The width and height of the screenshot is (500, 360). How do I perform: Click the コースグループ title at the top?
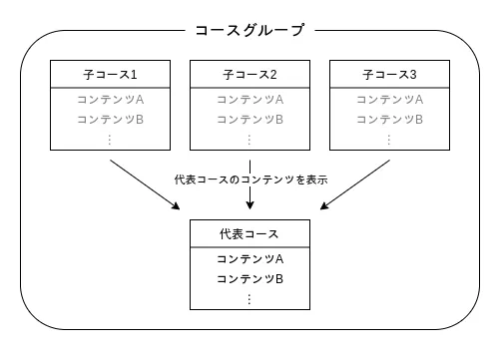pyautogui.click(x=250, y=31)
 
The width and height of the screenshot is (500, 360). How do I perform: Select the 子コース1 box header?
pyautogui.click(x=110, y=76)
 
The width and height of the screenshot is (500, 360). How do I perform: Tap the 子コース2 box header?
pyautogui.click(x=250, y=76)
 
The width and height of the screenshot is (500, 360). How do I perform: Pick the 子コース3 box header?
pyautogui.click(x=389, y=76)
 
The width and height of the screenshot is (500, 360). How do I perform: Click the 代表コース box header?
pyautogui.click(x=250, y=234)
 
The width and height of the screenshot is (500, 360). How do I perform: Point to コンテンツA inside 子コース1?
pyautogui.click(x=110, y=100)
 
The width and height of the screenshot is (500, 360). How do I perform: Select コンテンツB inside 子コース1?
pyautogui.click(x=110, y=120)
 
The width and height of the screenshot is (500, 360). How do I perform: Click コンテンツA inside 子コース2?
pyautogui.click(x=250, y=100)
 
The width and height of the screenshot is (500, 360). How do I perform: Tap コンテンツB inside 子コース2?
pyautogui.click(x=250, y=120)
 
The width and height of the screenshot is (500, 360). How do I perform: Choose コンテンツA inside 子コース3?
pyautogui.click(x=389, y=100)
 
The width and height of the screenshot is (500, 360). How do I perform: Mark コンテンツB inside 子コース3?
pyautogui.click(x=389, y=120)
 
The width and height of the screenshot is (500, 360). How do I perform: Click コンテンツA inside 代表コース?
pyautogui.click(x=250, y=258)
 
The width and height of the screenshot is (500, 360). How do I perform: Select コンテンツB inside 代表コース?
pyautogui.click(x=250, y=278)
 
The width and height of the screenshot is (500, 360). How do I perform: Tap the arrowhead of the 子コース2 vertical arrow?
pyautogui.click(x=250, y=206)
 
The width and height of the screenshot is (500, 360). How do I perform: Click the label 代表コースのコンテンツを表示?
pyautogui.click(x=250, y=180)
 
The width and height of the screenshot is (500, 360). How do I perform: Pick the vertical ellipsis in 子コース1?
pyautogui.click(x=110, y=140)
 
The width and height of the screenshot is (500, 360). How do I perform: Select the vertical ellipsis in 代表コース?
pyautogui.click(x=250, y=298)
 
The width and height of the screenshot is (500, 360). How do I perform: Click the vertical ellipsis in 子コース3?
pyautogui.click(x=389, y=140)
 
